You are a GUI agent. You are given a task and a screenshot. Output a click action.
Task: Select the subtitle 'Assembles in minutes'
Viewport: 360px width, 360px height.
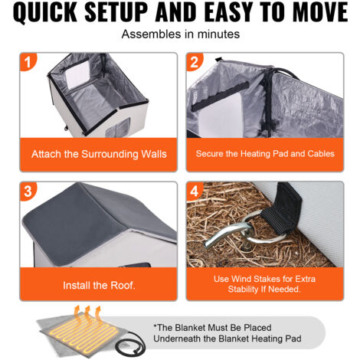[x=181, y=34]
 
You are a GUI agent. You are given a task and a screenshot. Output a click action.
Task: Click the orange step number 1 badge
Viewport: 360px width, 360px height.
[x=28, y=62]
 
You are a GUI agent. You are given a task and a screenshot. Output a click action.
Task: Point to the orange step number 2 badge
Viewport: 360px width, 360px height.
[x=194, y=62]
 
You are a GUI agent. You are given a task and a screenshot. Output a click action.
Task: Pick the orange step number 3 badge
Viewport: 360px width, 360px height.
[x=28, y=191]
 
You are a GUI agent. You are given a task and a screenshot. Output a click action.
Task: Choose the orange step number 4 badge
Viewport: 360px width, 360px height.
[x=194, y=191]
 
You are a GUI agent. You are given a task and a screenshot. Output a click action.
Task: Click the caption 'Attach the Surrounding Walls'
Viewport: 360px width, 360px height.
[x=99, y=154]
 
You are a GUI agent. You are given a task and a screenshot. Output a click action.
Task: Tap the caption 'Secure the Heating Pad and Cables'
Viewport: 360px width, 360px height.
[x=265, y=154]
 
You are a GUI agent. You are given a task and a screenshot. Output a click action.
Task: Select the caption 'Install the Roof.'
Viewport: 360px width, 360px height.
[x=99, y=285]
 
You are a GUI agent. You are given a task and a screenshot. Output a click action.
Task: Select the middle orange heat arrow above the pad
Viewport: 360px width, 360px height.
[x=87, y=312]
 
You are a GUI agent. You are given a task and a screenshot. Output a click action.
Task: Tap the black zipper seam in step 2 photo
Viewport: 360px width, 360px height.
[x=268, y=100]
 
